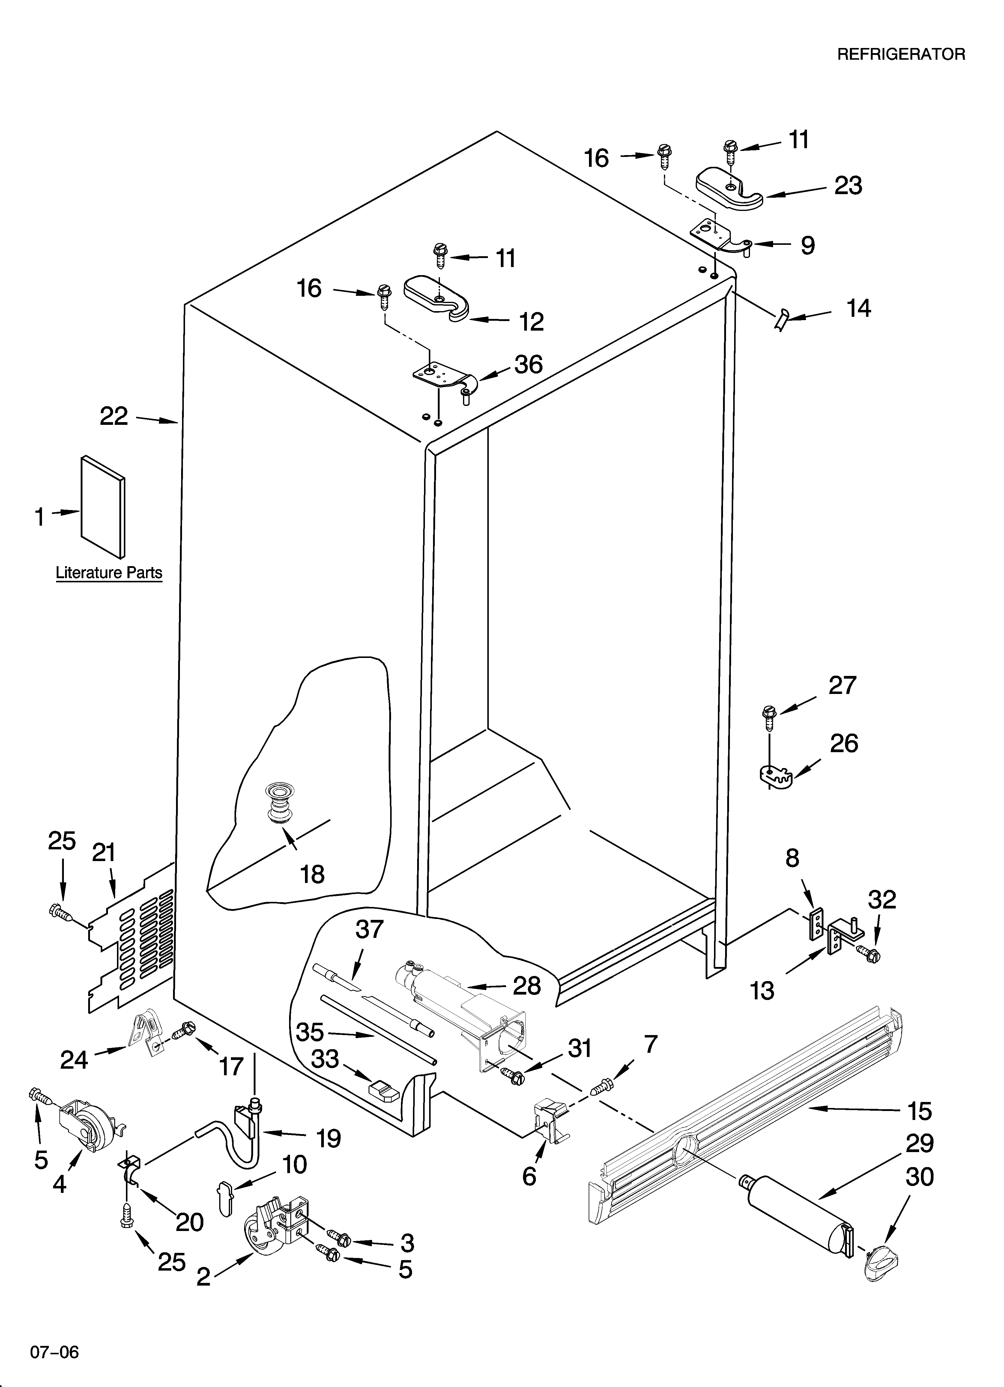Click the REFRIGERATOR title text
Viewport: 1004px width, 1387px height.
[901, 54]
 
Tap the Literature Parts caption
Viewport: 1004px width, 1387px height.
[109, 573]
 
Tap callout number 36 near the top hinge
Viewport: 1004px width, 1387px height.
[528, 365]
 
